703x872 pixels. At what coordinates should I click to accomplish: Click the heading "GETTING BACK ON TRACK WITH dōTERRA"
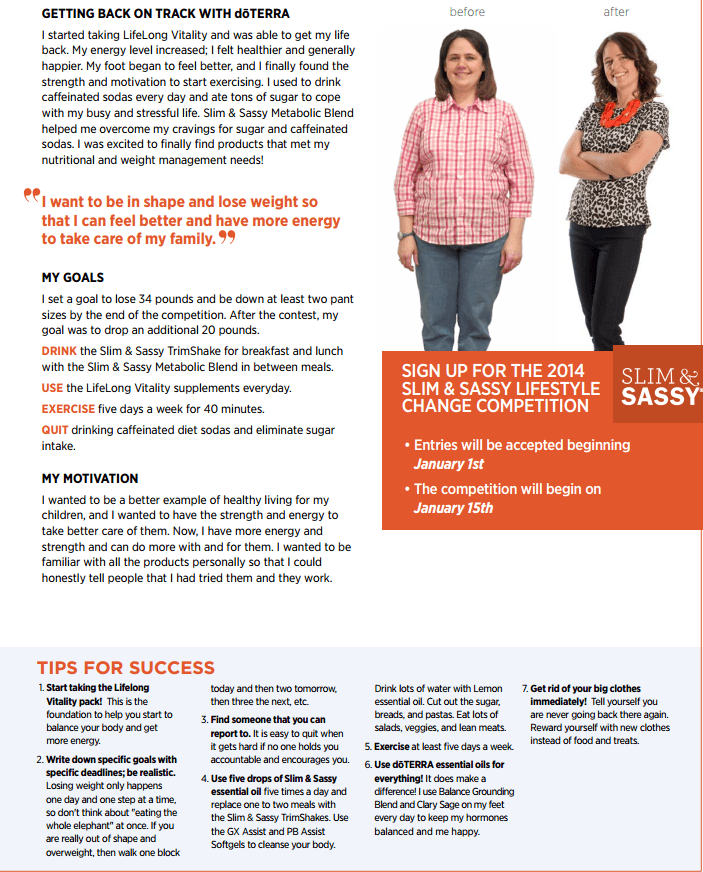click(x=165, y=14)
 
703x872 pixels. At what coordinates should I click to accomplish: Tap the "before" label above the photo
click(x=467, y=12)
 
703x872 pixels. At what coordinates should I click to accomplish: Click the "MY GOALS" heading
click(x=73, y=277)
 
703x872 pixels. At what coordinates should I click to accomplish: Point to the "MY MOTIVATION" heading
click(x=90, y=478)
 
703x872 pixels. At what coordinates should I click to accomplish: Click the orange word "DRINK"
click(x=59, y=351)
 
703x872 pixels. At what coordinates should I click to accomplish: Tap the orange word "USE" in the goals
click(x=52, y=387)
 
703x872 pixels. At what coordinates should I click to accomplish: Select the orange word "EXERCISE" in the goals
click(x=68, y=409)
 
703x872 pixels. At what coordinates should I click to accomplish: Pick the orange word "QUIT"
click(x=55, y=430)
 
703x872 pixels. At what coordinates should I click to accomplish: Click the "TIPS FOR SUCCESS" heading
click(x=126, y=668)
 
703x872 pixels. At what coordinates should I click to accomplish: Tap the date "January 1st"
click(x=449, y=464)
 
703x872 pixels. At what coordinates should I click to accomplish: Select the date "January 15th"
click(x=453, y=508)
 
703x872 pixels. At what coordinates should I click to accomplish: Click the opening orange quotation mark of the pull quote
click(x=33, y=196)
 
